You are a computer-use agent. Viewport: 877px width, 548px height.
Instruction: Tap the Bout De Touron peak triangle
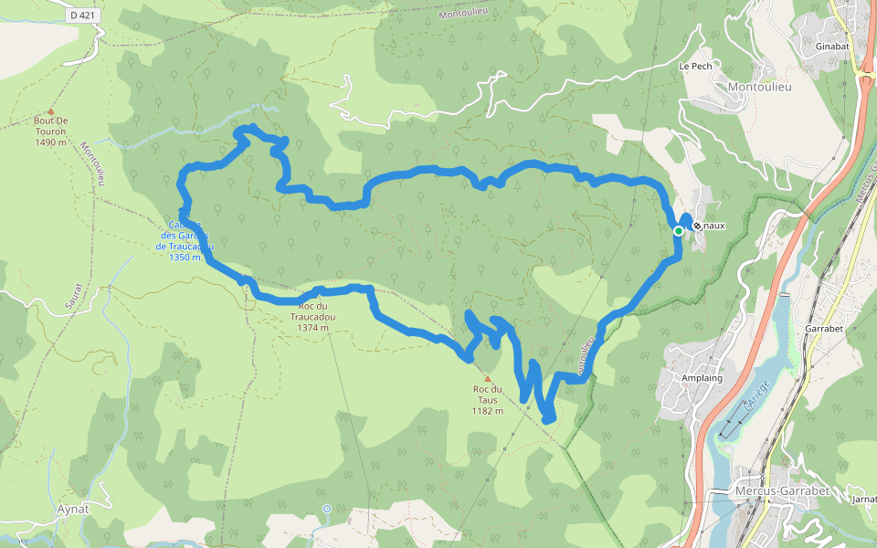50,111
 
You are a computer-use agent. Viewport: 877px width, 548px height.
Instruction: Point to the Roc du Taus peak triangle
488,378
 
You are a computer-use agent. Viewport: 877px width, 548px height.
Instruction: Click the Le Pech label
695,67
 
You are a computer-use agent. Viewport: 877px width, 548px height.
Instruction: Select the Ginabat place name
819,45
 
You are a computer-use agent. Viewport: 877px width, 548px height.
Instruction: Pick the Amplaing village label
703,378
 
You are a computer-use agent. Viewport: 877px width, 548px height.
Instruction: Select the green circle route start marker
679,232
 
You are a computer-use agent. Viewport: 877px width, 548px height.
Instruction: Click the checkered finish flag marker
697,225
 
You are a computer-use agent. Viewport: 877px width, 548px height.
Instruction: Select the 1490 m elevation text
51,142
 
